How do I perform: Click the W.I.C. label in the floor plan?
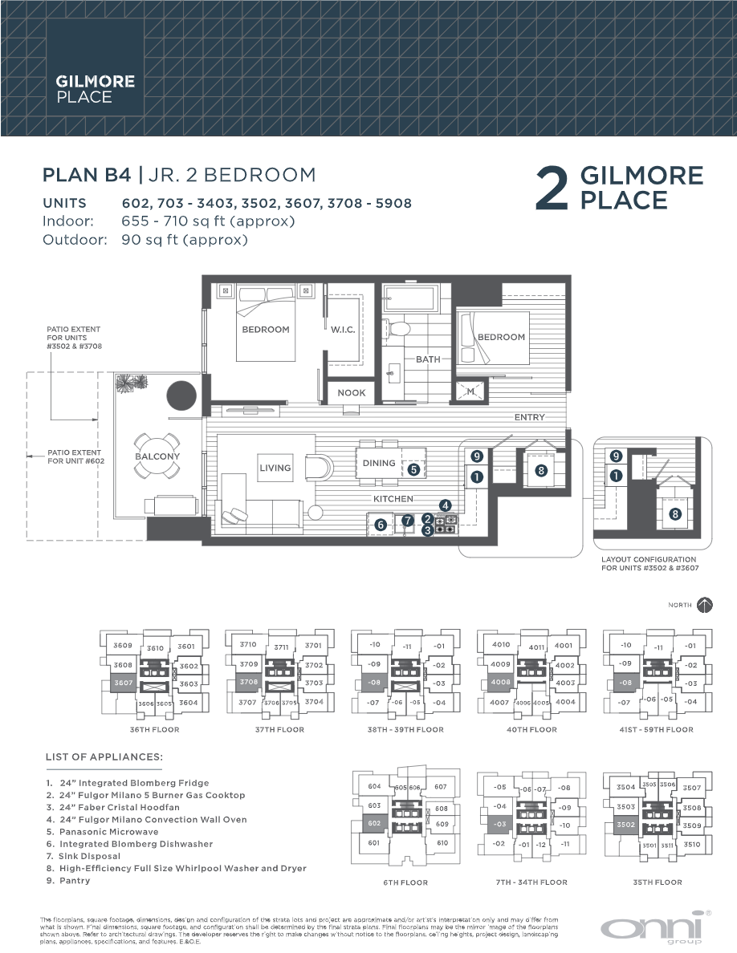click(342, 330)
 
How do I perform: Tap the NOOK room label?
click(351, 393)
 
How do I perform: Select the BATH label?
click(428, 359)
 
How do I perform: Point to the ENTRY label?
click(530, 417)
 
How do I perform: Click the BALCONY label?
click(157, 456)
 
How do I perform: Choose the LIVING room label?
click(275, 468)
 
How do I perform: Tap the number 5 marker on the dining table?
click(413, 470)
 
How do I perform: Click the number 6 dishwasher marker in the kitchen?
click(381, 525)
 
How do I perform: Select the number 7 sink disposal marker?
click(407, 521)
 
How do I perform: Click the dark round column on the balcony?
click(181, 395)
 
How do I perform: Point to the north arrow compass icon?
click(705, 605)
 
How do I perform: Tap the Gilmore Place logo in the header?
click(83, 89)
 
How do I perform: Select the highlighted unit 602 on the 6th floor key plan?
click(374, 823)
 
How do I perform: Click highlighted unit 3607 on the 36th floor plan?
click(123, 683)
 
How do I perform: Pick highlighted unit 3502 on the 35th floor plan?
click(626, 825)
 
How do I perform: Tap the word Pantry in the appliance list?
click(75, 881)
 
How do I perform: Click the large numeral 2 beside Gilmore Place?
click(553, 189)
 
